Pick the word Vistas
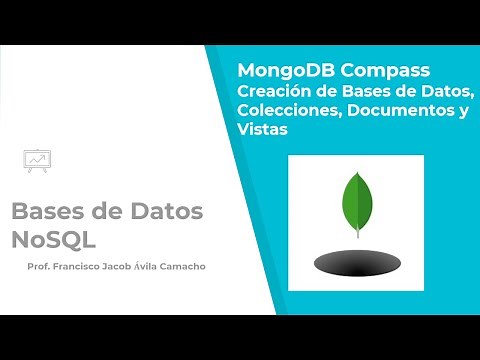point(262,130)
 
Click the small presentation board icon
point(37,159)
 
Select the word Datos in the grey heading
point(163,212)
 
